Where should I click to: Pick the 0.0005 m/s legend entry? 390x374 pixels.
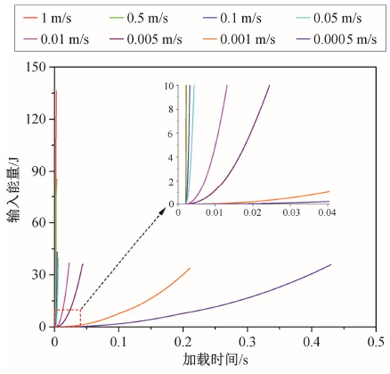345,39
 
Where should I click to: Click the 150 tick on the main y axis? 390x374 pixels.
39,67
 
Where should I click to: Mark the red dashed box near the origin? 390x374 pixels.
67,318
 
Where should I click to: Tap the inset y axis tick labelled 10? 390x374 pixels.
169,85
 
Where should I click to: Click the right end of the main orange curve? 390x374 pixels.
189,268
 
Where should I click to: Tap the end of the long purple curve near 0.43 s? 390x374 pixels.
331,264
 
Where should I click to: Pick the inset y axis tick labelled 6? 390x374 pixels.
171,133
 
